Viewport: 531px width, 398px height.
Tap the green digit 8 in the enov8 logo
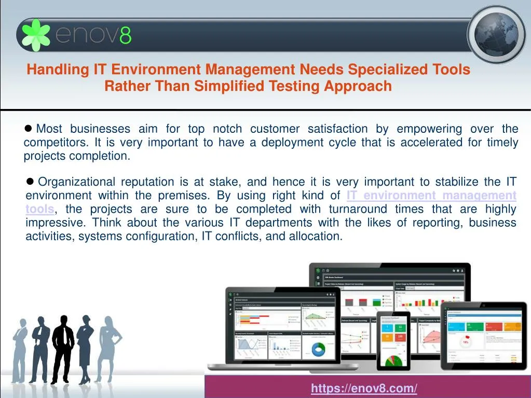point(126,36)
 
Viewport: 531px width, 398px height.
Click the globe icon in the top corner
point(496,35)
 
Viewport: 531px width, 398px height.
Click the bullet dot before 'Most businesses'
point(29,128)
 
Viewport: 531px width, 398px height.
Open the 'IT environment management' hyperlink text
point(431,196)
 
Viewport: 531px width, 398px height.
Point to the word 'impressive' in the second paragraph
point(56,223)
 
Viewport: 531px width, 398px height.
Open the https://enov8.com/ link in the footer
point(364,388)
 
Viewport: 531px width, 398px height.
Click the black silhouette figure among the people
point(63,348)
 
